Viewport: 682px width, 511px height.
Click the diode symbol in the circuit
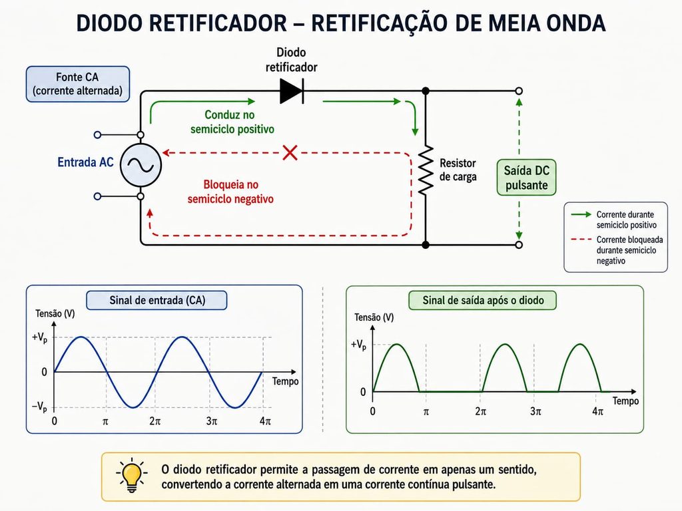click(292, 91)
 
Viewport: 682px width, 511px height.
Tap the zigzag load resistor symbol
click(426, 170)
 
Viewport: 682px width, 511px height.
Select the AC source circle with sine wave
click(141, 166)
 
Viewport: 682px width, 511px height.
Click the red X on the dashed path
click(290, 153)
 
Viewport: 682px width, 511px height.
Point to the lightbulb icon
click(132, 476)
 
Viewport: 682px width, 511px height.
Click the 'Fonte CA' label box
click(78, 84)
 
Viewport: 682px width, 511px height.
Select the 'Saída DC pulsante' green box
click(526, 177)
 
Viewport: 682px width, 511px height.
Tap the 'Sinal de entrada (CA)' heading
click(157, 300)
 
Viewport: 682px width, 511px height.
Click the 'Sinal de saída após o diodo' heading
click(483, 300)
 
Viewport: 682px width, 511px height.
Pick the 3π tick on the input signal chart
click(211, 421)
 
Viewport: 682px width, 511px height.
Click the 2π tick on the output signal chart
click(481, 411)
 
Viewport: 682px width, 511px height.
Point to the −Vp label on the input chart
click(39, 407)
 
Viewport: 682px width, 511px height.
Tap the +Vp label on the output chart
click(358, 345)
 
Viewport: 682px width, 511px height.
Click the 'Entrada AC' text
click(85, 162)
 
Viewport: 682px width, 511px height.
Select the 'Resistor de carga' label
click(458, 170)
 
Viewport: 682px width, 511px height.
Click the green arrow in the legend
click(581, 214)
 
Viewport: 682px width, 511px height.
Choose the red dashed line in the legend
click(581, 240)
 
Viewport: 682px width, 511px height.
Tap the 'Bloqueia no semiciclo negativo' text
click(230, 192)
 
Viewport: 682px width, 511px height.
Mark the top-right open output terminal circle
click(518, 90)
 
